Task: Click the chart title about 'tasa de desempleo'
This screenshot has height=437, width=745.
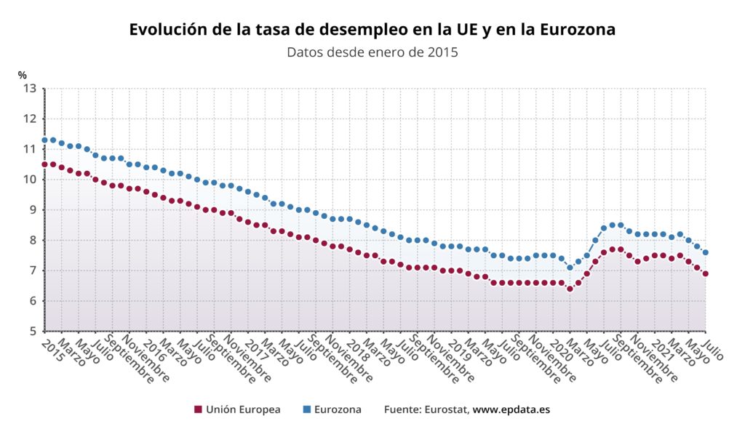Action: pyautogui.click(x=372, y=30)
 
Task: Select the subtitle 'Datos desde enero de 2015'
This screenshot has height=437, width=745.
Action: pyautogui.click(x=372, y=52)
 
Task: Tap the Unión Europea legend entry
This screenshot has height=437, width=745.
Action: pyautogui.click(x=238, y=409)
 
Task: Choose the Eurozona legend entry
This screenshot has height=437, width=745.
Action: pyautogui.click(x=332, y=409)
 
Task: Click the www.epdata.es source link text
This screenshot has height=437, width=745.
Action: pyautogui.click(x=511, y=409)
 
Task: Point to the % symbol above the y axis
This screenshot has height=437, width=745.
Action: pyautogui.click(x=23, y=75)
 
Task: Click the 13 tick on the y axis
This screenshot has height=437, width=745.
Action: pyautogui.click(x=29, y=89)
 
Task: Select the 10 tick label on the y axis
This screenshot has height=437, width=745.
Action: pyautogui.click(x=29, y=180)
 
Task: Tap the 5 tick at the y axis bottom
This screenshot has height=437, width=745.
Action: pyautogui.click(x=33, y=331)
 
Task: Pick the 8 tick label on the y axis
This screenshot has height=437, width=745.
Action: pyautogui.click(x=33, y=241)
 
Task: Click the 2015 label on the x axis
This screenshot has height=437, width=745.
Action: pyautogui.click(x=52, y=350)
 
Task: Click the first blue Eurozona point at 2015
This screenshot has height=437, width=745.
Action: pyautogui.click(x=44, y=140)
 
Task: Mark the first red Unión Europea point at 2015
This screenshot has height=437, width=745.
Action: pyautogui.click(x=44, y=164)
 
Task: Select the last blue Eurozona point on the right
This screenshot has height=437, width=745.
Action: pyautogui.click(x=706, y=252)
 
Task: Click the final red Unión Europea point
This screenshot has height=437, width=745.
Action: pyautogui.click(x=706, y=273)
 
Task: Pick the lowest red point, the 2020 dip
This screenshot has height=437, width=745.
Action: pyautogui.click(x=570, y=289)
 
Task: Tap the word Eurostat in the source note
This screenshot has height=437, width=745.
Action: pyautogui.click(x=446, y=409)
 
